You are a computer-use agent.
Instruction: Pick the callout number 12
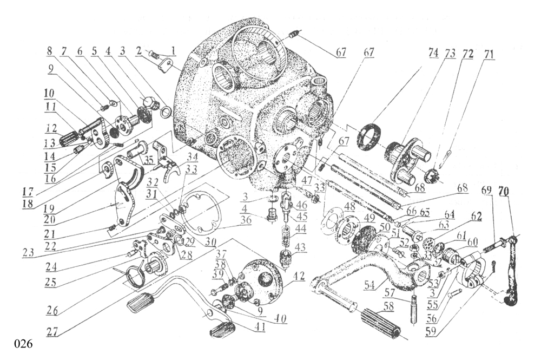(51, 129)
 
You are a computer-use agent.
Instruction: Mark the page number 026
(24, 344)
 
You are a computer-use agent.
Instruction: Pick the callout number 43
(299, 247)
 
